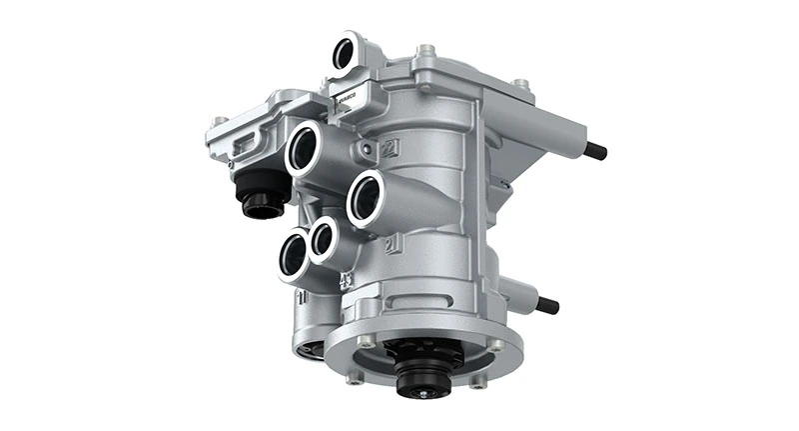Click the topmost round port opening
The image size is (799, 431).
[346, 53]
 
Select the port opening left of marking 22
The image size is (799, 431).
[305, 151]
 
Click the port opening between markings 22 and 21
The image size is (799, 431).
[366, 198]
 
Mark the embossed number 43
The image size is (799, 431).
[347, 280]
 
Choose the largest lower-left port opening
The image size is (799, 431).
[294, 255]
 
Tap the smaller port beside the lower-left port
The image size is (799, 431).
[323, 240]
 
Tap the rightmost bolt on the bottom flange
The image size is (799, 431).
[496, 346]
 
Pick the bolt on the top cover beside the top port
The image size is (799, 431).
[425, 50]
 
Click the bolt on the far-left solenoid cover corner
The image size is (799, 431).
[218, 123]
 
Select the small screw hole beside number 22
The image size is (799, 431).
[370, 151]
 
